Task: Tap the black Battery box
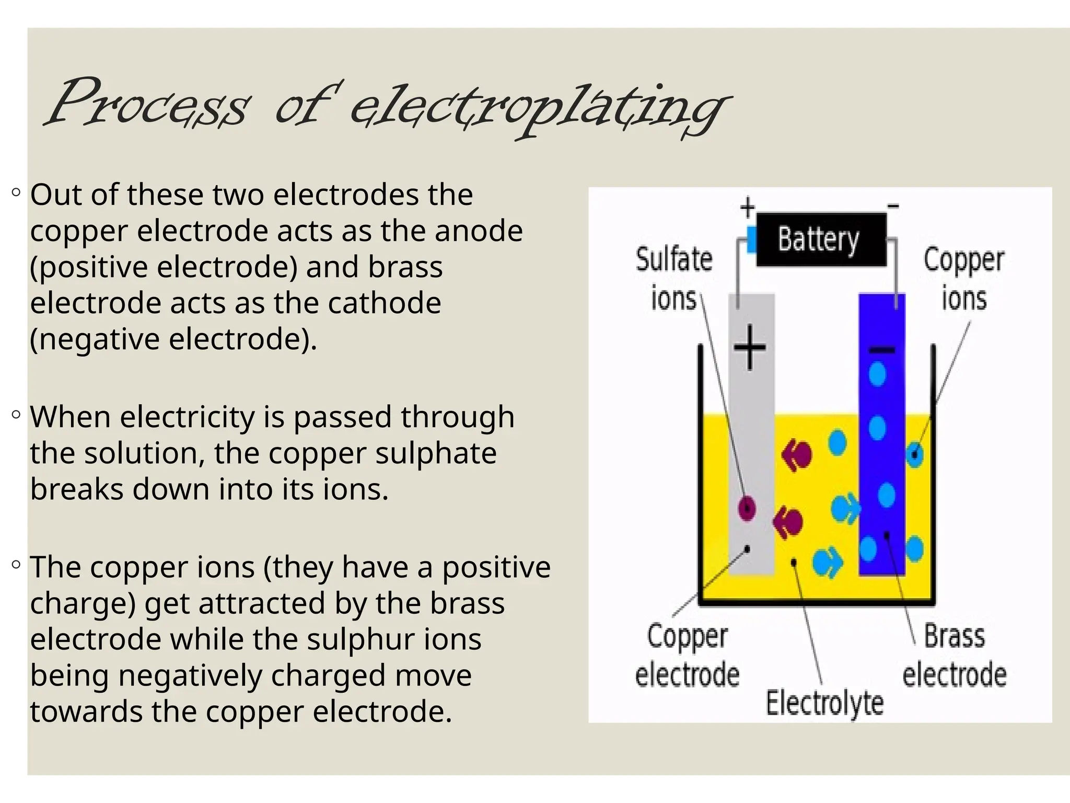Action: click(821, 240)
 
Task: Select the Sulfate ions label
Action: click(674, 279)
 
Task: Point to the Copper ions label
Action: click(963, 279)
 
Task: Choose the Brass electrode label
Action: click(954, 655)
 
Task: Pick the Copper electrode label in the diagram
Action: click(687, 655)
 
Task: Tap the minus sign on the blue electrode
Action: click(881, 350)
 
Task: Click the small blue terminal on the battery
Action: click(752, 240)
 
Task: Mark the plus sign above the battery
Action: click(748, 207)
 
